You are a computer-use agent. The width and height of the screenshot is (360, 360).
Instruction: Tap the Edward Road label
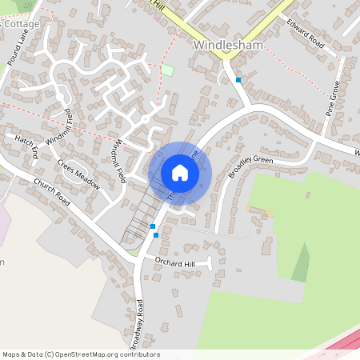pyautogui.click(x=304, y=34)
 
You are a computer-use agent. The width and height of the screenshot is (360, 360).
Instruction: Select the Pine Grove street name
pyautogui.click(x=334, y=98)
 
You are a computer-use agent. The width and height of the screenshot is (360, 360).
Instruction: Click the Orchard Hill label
pyautogui.click(x=174, y=262)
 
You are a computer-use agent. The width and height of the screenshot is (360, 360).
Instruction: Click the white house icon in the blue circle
pyautogui.click(x=180, y=173)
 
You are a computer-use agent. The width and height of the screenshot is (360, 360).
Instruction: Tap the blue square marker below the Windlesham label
pyautogui.click(x=238, y=80)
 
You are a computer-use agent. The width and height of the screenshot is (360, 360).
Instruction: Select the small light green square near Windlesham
pyautogui.click(x=167, y=70)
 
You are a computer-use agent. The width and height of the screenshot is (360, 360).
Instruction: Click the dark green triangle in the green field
pyautogui.click(x=301, y=264)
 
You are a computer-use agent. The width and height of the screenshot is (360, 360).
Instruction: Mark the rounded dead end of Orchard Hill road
pyautogui.click(x=209, y=262)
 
